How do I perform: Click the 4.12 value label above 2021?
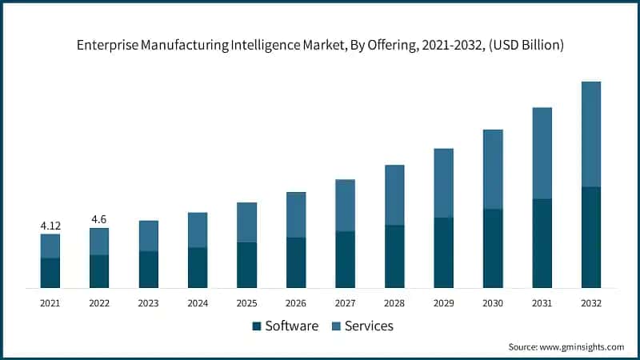50,226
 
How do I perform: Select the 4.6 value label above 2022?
99,219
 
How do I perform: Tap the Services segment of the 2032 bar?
590,134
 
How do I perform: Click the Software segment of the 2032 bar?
590,238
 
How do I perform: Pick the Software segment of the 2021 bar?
50,273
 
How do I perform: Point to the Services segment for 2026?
296,215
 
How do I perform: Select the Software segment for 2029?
443,253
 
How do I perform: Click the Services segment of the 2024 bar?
198,230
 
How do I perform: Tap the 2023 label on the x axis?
148,304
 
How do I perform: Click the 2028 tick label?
394,304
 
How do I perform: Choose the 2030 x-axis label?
493,304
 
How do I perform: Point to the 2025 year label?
246,304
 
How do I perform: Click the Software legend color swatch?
256,326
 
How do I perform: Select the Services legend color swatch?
335,326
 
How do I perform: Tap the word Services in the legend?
369,326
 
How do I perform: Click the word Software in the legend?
292,326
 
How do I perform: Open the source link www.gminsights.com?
582,347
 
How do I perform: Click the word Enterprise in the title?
108,46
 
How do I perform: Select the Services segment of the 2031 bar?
542,153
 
